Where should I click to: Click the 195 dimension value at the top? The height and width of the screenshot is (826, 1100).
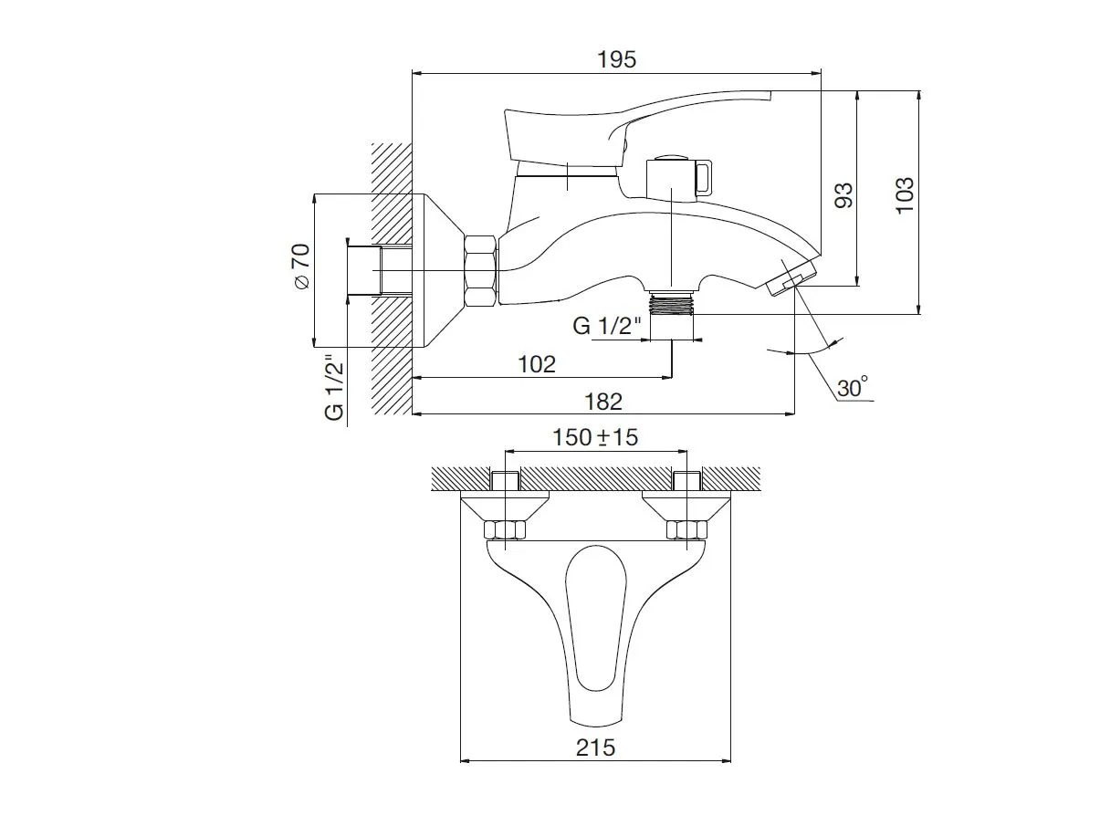(x=616, y=59)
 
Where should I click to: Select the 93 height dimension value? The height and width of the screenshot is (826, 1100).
(x=843, y=194)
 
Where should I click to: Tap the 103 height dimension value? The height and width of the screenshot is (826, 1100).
(x=905, y=196)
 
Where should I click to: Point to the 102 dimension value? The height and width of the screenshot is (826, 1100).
(x=536, y=364)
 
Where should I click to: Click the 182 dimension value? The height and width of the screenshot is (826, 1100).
(x=603, y=402)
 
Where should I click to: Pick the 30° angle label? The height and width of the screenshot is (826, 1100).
(x=853, y=387)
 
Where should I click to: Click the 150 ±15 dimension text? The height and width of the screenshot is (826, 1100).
(x=595, y=437)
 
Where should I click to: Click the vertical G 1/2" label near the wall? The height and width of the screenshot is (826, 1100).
(x=335, y=388)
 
